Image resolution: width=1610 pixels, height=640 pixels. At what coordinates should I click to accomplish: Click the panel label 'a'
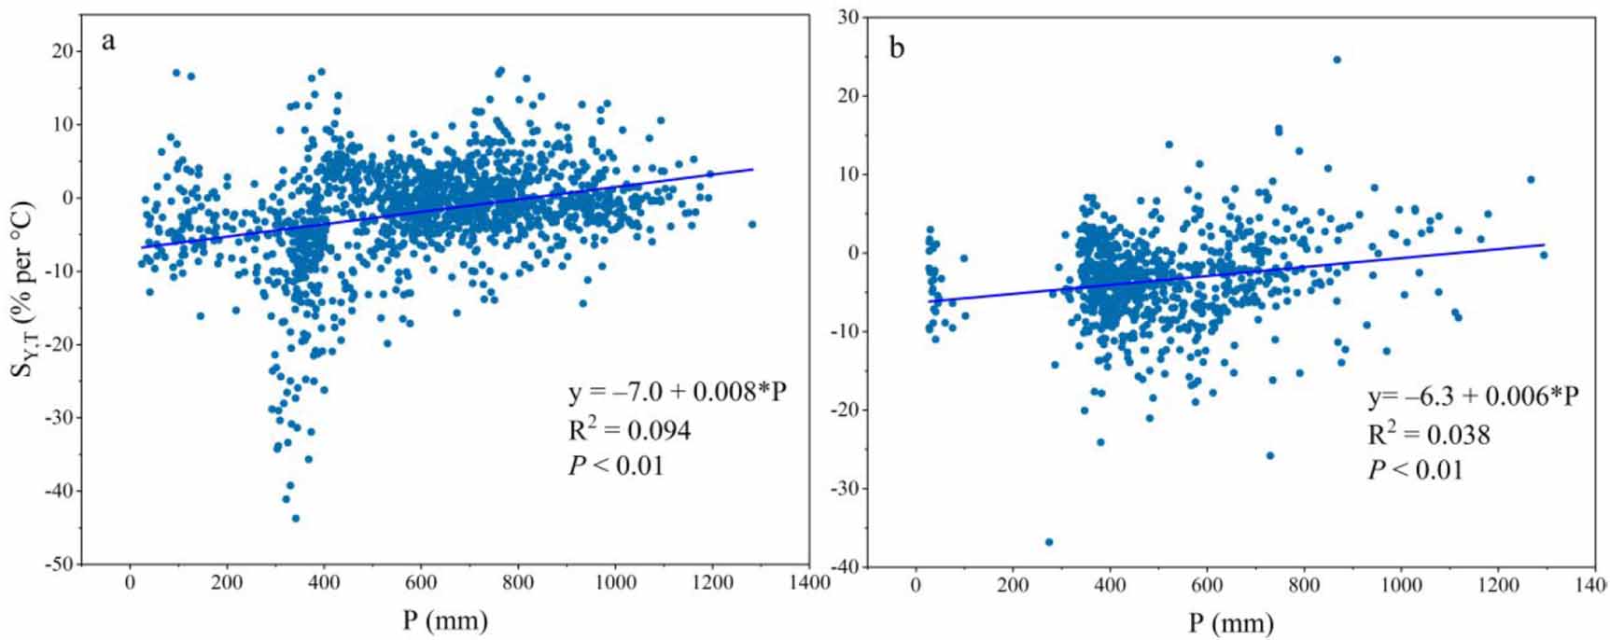(x=109, y=41)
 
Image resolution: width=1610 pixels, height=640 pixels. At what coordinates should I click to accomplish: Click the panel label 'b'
(x=896, y=48)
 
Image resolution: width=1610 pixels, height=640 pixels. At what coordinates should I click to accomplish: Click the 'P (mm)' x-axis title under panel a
(x=445, y=619)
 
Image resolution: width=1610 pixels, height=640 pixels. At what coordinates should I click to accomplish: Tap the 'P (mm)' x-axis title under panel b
(x=1231, y=621)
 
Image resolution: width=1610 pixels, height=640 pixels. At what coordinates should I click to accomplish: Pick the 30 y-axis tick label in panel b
(x=849, y=18)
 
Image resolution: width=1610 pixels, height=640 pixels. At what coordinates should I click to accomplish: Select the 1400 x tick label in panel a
(x=807, y=584)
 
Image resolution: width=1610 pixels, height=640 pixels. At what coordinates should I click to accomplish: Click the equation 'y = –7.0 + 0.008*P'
(x=678, y=392)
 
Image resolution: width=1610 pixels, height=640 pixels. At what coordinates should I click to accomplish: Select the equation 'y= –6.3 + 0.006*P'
(x=1473, y=397)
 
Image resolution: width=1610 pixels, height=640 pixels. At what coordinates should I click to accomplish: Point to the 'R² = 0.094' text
(x=630, y=429)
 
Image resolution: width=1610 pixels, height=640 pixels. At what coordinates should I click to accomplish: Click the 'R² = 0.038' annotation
(x=1428, y=434)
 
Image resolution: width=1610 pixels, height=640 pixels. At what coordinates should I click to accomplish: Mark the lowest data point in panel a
(x=296, y=518)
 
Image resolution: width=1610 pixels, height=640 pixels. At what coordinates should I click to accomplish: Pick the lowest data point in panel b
(x=1049, y=542)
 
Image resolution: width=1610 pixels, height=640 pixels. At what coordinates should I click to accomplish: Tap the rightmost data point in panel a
(x=751, y=224)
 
